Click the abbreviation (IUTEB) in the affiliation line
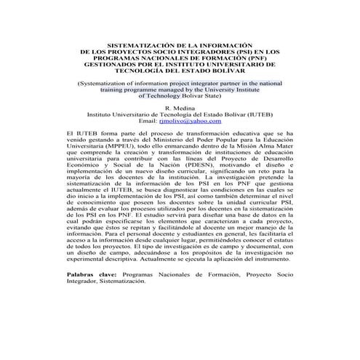coord(260,114)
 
